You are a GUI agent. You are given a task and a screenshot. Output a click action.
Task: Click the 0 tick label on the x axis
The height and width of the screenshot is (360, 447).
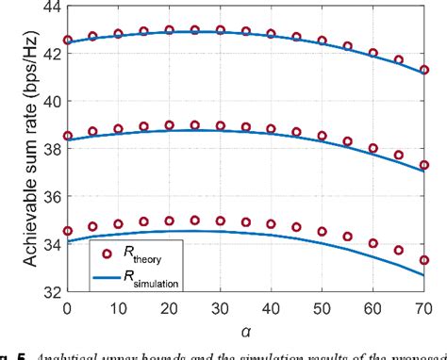tap(67, 307)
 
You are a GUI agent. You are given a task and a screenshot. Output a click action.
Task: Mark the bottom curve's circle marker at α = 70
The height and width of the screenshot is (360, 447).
tap(424, 260)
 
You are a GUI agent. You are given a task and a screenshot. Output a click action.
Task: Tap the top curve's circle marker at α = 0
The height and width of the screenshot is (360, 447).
tap(67, 41)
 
